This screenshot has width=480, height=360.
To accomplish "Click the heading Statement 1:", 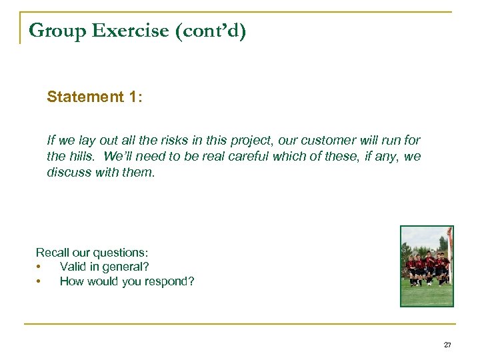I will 94,97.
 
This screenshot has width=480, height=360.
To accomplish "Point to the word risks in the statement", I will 161,141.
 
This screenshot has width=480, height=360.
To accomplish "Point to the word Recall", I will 53,253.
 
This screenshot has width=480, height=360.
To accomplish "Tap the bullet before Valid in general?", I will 39,267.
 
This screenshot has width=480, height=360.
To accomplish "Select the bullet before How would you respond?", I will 39,281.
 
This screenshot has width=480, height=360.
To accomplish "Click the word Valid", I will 73,267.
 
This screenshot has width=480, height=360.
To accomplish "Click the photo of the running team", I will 427,266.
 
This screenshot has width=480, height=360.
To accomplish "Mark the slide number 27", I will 447,345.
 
